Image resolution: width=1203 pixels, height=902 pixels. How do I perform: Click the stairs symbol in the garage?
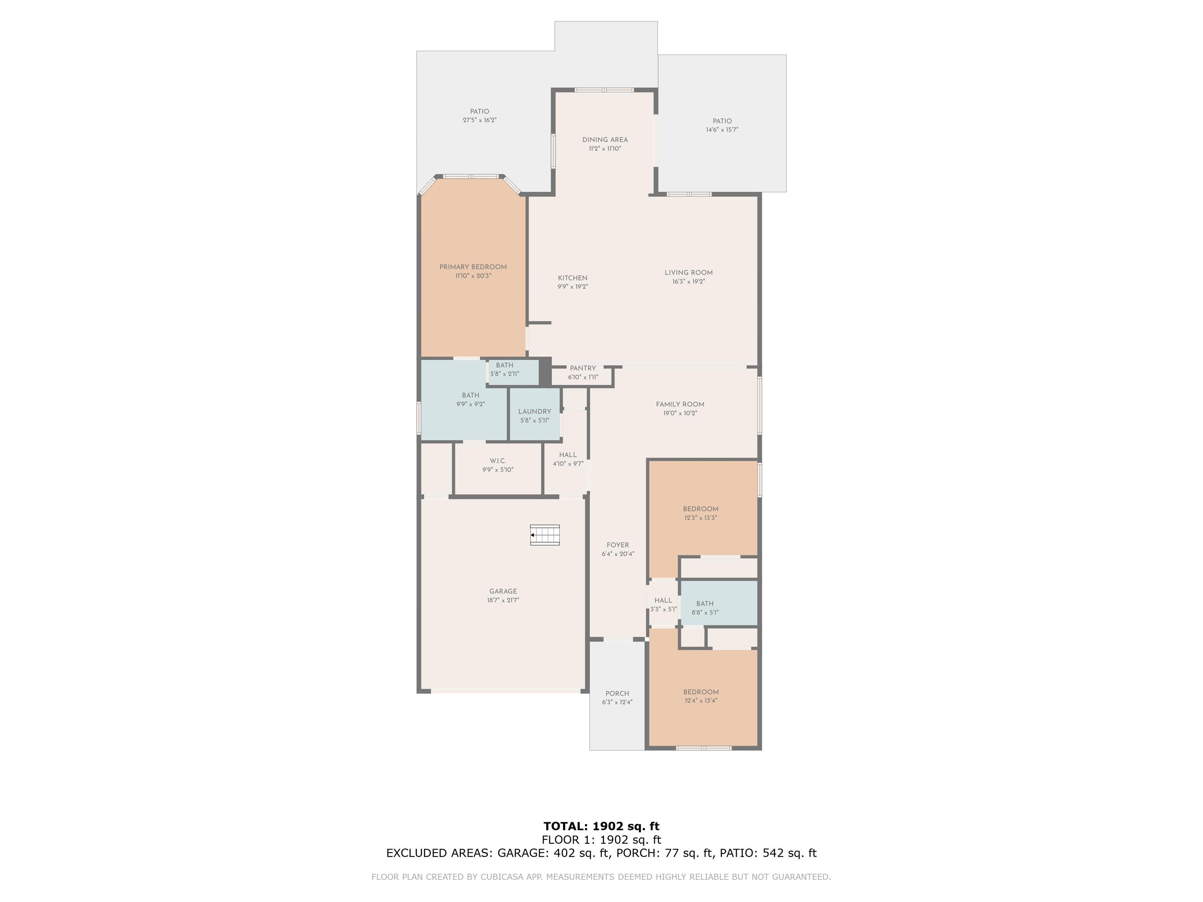545,535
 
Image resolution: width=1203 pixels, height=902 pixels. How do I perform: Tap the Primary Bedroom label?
473,267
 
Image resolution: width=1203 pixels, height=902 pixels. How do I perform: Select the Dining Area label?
605,140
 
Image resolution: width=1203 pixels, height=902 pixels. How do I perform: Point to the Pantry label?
583,368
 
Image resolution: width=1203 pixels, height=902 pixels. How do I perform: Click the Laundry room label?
535,411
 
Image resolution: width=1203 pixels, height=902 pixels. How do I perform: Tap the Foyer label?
618,545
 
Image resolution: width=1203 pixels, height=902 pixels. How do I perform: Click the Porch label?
617,694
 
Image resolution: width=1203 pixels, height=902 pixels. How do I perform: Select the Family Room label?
680,404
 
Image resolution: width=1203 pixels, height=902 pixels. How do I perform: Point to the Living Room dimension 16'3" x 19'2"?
688,281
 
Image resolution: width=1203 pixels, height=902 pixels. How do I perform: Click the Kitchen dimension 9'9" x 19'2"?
573,287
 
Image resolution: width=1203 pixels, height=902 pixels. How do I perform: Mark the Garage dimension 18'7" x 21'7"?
503,600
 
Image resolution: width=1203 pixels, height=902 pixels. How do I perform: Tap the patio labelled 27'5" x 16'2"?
480,116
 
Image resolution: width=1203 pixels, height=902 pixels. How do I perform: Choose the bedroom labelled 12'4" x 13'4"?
701,696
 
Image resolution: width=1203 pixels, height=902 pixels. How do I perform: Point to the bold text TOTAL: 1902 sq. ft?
601,826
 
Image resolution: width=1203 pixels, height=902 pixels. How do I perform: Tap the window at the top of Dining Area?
604,90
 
